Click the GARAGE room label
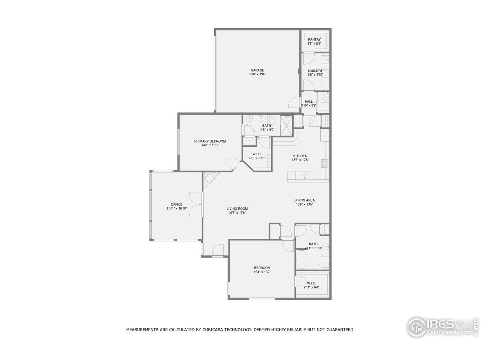(257, 70)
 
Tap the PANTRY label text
(314, 39)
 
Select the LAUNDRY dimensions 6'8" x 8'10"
(315, 75)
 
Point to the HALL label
(309, 102)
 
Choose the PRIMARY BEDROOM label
(210, 141)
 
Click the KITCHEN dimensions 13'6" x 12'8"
(300, 160)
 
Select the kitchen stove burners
(325, 163)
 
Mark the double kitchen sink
(305, 175)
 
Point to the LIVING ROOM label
(237, 208)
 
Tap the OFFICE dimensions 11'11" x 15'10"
(177, 208)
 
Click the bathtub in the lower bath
(301, 259)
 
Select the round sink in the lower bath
(326, 247)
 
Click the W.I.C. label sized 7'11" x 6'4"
(311, 285)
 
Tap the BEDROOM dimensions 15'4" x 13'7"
(262, 272)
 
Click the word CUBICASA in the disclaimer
(216, 330)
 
